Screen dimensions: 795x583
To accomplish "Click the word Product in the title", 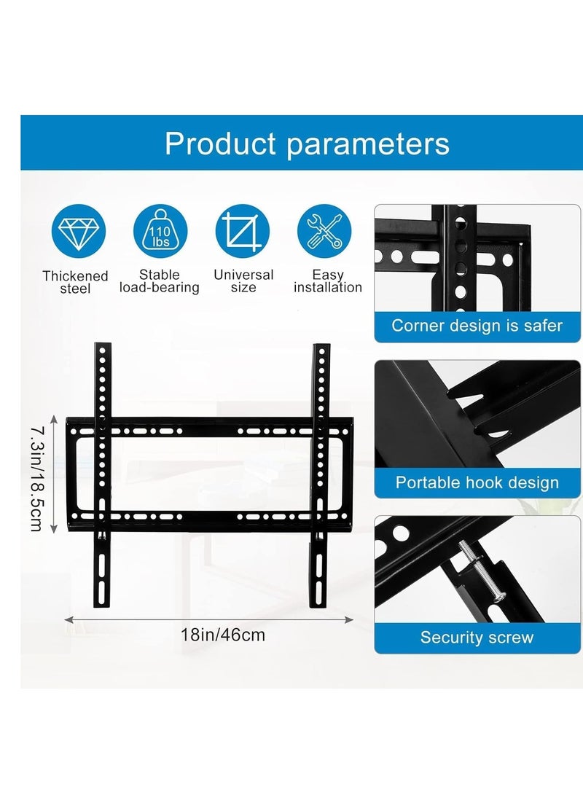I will [x=221, y=144].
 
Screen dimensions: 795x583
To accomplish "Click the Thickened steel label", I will [x=75, y=283].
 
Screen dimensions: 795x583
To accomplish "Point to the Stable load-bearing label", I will [x=159, y=281].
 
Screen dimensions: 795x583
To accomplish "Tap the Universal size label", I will [x=243, y=281].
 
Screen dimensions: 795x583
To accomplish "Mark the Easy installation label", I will [x=328, y=281].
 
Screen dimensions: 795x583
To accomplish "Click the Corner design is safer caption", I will [x=477, y=325].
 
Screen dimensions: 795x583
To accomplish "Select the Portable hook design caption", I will [x=477, y=482].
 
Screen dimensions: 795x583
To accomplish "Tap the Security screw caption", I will [x=477, y=638].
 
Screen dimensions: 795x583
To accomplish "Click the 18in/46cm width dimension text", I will [x=223, y=635].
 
